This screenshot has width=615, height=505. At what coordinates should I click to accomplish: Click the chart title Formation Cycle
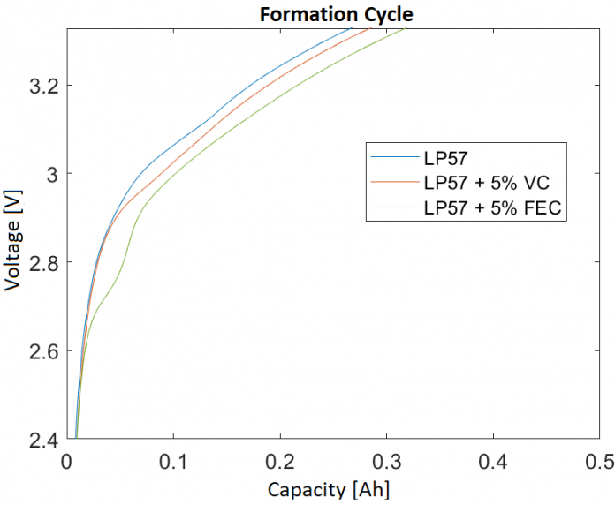point(336,15)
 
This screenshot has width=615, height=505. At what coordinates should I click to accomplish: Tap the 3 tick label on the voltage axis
point(51,175)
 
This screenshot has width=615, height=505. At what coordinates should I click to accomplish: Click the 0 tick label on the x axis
point(66,462)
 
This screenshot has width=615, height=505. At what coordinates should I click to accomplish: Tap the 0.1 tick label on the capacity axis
point(173,462)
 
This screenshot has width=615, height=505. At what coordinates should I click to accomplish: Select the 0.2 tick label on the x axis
point(280,462)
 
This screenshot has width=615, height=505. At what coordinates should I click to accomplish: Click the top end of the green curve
point(404,29)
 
